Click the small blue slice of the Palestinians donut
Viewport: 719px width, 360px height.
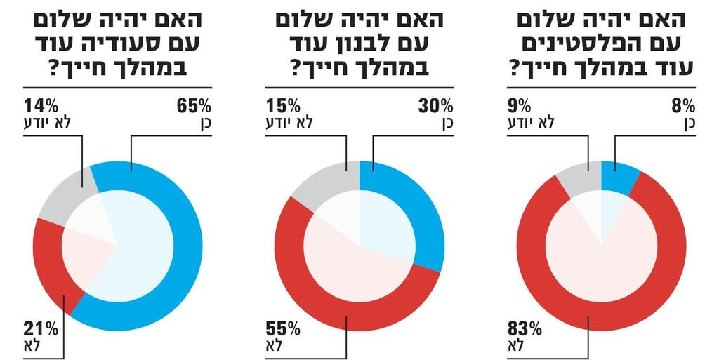click(619, 175)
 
